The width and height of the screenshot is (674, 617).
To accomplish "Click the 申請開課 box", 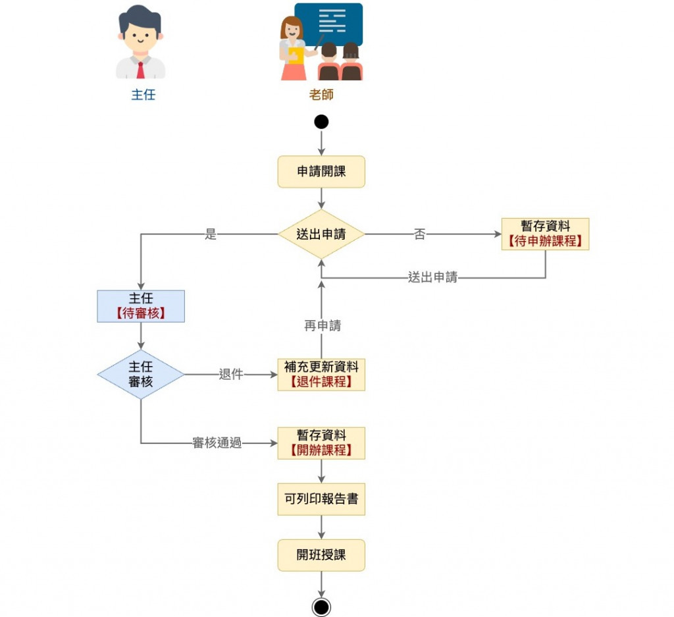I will pos(321,172).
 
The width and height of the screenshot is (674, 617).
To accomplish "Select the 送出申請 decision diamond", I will pos(321,234).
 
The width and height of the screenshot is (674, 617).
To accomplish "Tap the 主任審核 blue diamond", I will pos(141,375).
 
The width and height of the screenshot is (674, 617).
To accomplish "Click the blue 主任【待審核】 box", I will pos(141,306).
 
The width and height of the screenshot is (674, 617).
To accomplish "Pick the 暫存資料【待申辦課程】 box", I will pos(545,234).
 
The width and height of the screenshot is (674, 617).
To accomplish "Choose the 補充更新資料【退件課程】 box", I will pos(321,375).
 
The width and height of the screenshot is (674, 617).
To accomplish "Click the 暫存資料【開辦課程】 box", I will pos(321,443).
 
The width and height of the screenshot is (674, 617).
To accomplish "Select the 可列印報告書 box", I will pos(321,499).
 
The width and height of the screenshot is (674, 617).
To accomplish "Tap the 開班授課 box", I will pos(321,555).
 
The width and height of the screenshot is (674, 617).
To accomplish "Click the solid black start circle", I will pos(321,122).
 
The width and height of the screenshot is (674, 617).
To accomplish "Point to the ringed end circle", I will pos(321,606).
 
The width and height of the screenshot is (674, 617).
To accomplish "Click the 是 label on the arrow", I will pos(211,234).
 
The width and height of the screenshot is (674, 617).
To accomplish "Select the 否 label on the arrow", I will pos(419,234).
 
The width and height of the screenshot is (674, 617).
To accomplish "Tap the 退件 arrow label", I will pos(231,375).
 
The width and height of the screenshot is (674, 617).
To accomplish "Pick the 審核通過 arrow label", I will pos(217,443).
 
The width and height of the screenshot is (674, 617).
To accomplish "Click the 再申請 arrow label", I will pos(323,325).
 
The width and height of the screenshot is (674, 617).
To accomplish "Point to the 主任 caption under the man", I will pos(143,94).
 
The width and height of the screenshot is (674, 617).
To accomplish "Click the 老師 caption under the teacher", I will pos(321,94).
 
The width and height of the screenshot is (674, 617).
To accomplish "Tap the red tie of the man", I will pos(140,69).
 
